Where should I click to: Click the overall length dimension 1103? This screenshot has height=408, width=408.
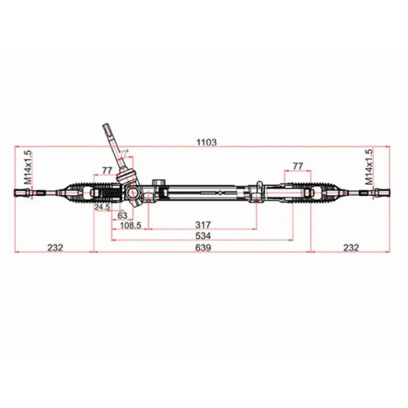click(206, 142)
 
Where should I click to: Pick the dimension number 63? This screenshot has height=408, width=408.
click(122, 215)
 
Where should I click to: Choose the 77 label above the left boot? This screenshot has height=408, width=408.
click(107, 170)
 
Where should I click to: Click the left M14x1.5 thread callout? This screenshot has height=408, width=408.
click(27, 166)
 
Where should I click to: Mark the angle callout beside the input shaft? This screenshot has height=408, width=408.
click(125, 153)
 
